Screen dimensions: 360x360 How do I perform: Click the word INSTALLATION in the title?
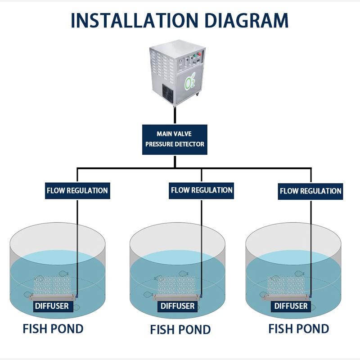coord(133,20)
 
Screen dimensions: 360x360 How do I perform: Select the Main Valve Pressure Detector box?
coord(175,139)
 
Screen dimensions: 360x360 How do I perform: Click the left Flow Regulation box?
coord(77,190)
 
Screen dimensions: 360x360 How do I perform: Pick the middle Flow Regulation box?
coord(201,190)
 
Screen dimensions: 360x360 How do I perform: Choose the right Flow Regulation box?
coord(310,191)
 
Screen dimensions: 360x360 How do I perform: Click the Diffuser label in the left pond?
coord(52,306)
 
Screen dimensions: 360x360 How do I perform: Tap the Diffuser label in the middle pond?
coord(178,306)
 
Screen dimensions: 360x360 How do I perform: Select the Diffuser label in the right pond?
coord(291,306)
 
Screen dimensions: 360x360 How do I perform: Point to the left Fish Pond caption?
coord(53,328)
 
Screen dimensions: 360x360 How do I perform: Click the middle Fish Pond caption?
coord(180,330)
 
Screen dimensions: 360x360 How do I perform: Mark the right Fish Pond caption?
coord(298,328)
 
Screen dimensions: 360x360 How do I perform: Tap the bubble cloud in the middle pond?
coord(176,285)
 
